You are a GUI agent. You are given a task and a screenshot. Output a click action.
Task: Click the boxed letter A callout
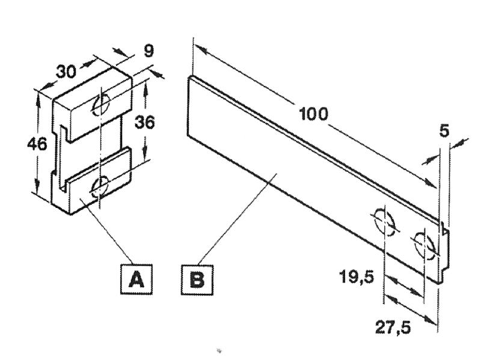[136, 279]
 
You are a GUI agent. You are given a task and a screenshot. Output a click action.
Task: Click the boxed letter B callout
[197, 279]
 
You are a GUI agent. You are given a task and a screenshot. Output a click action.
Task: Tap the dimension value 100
[313, 114]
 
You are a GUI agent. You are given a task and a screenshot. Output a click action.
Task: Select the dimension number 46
[37, 144]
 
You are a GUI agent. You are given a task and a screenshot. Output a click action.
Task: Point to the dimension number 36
[144, 123]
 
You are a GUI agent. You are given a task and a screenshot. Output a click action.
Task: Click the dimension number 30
[66, 72]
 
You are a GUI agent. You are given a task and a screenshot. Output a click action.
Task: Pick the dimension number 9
[149, 51]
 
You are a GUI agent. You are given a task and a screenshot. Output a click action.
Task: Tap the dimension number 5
[444, 131]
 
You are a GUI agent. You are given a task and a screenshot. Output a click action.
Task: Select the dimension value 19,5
[357, 278]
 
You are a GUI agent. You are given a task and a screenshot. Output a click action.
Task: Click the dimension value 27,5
[393, 328]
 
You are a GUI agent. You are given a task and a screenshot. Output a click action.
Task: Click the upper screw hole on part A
[102, 104]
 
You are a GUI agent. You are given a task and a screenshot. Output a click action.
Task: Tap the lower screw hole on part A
[100, 186]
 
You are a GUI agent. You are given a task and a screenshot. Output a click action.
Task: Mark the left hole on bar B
[384, 222]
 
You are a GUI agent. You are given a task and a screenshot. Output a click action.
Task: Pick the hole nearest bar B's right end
[424, 245]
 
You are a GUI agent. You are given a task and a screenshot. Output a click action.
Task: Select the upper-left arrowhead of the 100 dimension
[201, 49]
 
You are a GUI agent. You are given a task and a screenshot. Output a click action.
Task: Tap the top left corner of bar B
[188, 77]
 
